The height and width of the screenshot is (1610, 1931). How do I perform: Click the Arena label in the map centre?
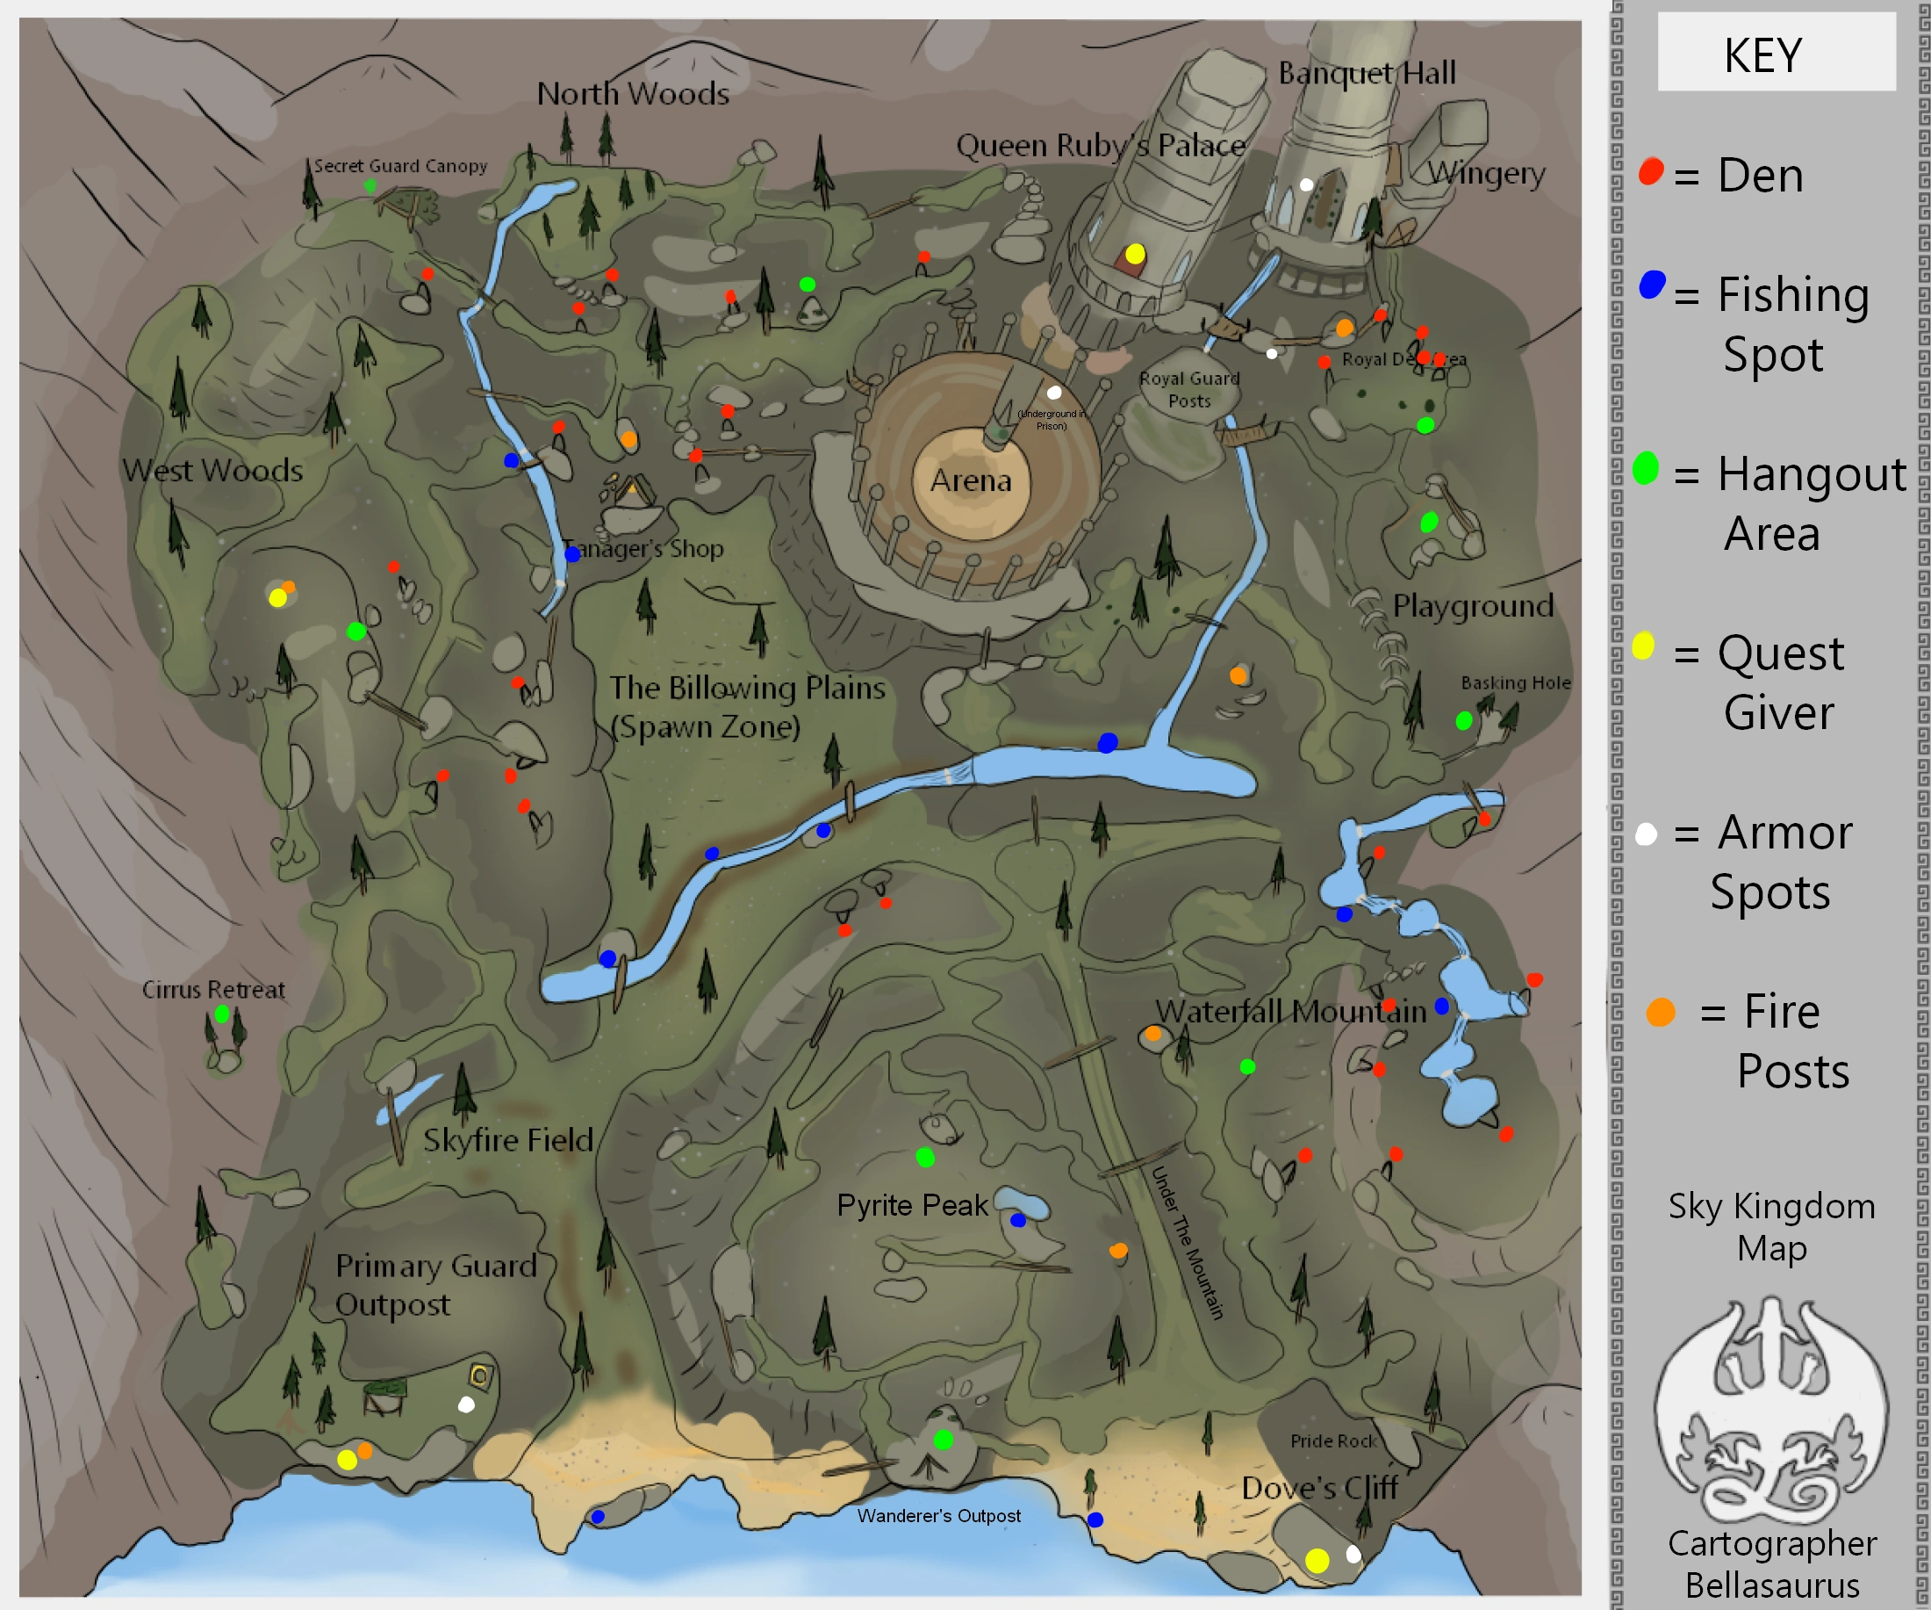point(970,480)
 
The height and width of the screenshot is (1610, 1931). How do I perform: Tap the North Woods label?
point(633,93)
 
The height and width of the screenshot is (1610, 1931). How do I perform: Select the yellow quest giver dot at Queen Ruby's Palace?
point(1136,253)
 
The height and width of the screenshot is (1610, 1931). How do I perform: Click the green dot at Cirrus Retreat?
point(221,1014)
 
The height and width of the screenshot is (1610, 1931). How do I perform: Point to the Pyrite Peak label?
point(911,1205)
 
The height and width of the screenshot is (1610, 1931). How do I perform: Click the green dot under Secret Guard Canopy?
point(370,186)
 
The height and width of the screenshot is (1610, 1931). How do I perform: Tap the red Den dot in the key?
point(1652,171)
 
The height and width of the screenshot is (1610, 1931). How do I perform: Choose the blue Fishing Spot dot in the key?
point(1653,285)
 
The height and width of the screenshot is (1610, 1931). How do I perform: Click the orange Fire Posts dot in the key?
point(1661,1012)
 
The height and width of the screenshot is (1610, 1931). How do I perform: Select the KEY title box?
point(1776,54)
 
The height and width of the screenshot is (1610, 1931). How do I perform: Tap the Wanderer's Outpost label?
point(939,1515)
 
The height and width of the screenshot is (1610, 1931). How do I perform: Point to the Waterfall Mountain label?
point(1291,1011)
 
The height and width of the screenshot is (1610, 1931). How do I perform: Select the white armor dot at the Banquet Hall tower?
point(1306,185)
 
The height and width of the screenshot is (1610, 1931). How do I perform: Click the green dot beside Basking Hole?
point(1464,720)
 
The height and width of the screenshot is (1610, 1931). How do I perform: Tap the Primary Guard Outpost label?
point(435,1284)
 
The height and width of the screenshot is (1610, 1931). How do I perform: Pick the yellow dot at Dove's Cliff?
point(1317,1560)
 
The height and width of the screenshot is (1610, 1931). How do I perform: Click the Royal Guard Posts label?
point(1189,389)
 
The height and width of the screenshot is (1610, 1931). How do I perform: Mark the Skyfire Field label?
point(507,1140)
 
